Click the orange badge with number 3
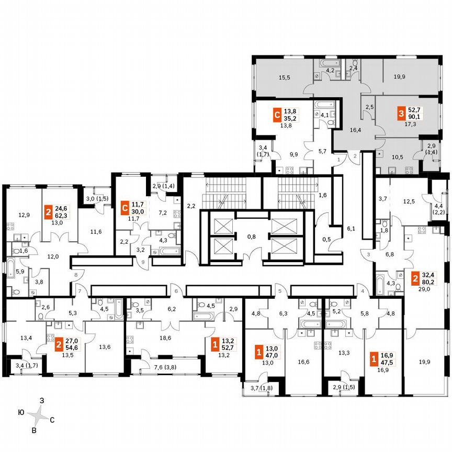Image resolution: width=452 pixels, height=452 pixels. pyautogui.click(x=401, y=112)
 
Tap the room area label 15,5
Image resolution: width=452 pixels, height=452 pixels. pyautogui.click(x=285, y=77)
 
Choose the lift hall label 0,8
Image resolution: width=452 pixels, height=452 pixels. pyautogui.click(x=251, y=236)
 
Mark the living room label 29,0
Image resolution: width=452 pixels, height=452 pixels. pyautogui.click(x=424, y=289)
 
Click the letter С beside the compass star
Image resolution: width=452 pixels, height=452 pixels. pyautogui.click(x=52, y=420)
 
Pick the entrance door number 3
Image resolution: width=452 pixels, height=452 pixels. pyautogui.click(x=368, y=254)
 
